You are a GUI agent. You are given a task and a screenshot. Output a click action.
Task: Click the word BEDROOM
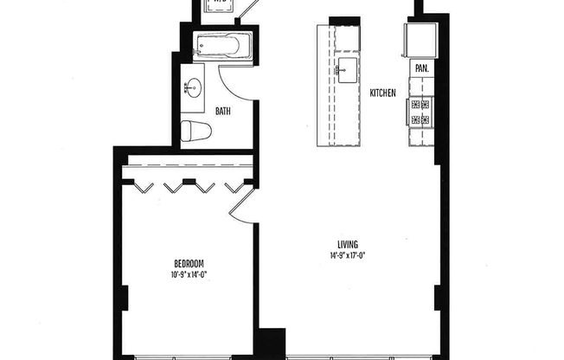(189, 263)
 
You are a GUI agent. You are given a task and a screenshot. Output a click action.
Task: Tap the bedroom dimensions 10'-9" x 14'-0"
(189, 274)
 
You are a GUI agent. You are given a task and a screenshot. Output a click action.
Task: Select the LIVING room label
(349, 244)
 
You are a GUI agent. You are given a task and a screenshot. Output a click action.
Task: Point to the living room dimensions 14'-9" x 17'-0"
(349, 255)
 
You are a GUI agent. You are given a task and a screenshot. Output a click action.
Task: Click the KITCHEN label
(382, 93)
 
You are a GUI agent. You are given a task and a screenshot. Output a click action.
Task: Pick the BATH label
(223, 111)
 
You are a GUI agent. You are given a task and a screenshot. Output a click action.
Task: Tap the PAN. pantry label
(422, 67)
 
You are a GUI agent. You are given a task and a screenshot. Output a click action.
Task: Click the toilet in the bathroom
(197, 131)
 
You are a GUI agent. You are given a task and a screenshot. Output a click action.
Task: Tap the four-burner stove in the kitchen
(421, 111)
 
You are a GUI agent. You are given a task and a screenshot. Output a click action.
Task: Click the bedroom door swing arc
(241, 202)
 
